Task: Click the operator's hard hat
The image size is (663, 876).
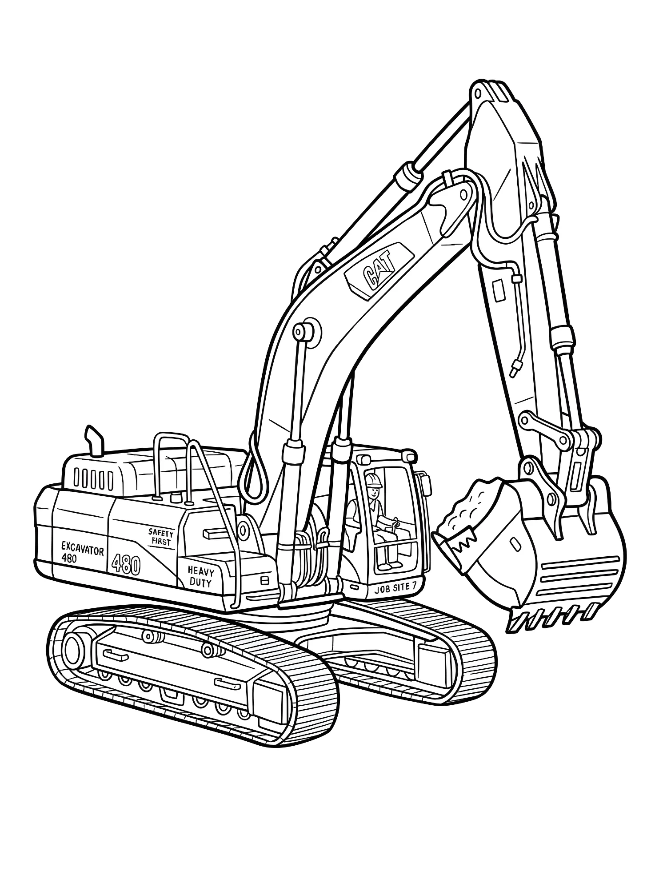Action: tap(373, 479)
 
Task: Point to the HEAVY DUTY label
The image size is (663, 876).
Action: tap(200, 576)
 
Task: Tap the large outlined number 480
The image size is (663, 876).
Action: tap(126, 565)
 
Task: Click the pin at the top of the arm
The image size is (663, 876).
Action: tap(478, 94)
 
